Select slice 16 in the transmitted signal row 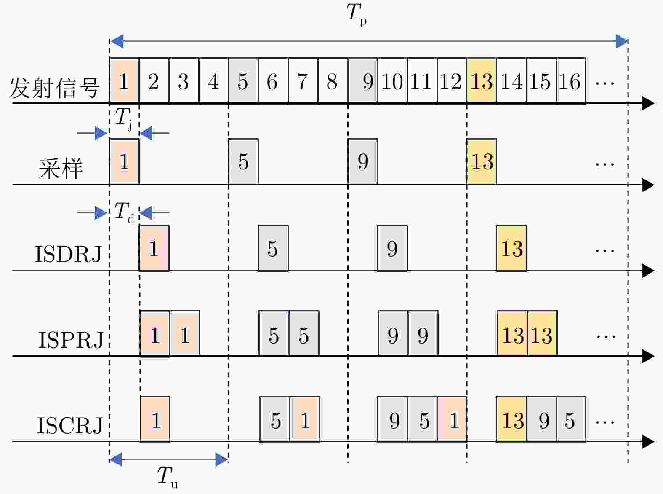click(571, 81)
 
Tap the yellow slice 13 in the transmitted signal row click(482, 81)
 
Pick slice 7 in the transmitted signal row click(303, 81)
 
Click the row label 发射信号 click(54, 88)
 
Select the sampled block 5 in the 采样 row click(243, 162)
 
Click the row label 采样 click(61, 169)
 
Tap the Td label click(125, 212)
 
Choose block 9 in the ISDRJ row click(392, 248)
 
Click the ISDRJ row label click(68, 254)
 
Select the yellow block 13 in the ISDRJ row click(511, 248)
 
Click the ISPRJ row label click(71, 340)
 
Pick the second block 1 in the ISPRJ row click(185, 335)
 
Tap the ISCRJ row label click(70, 425)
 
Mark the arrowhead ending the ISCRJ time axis click(648, 442)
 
